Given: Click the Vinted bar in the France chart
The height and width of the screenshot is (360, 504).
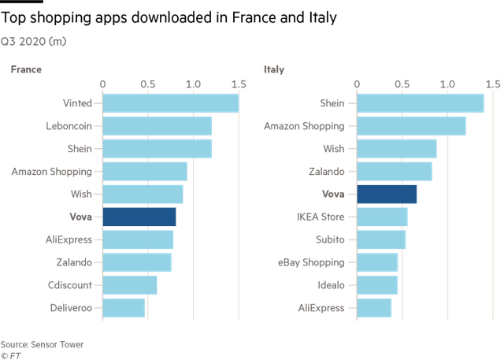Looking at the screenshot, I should tap(171, 103).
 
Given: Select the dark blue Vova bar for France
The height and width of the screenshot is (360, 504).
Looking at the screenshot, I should tap(139, 217).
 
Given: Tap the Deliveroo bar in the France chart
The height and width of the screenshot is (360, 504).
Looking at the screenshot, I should tap(124, 307).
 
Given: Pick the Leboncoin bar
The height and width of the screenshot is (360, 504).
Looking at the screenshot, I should tap(157, 126).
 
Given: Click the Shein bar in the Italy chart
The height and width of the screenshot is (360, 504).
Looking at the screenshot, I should tap(421, 103).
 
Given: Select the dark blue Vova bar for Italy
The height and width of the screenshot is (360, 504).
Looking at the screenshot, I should tap(387, 194).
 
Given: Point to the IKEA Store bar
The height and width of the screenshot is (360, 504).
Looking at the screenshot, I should tap(383, 217).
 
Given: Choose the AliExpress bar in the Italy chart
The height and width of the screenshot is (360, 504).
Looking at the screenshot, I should tap(375, 307).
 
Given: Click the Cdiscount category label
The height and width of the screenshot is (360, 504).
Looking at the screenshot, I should tap(69, 284).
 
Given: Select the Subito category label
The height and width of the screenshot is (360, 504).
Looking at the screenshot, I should tap(331, 239).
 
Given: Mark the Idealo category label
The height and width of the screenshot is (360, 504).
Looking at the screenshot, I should tap(332, 284).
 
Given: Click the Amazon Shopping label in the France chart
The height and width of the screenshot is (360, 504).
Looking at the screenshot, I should tap(51, 171).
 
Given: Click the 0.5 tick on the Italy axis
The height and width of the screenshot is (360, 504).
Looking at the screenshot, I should tap(402, 83).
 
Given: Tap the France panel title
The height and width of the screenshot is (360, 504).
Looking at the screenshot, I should tap(26, 69).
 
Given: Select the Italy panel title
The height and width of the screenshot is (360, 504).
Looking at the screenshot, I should tap(274, 69).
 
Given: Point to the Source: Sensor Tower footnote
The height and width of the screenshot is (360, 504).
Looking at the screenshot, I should tap(42, 344).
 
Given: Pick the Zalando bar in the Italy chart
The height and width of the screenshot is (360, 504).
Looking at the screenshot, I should tap(395, 171).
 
